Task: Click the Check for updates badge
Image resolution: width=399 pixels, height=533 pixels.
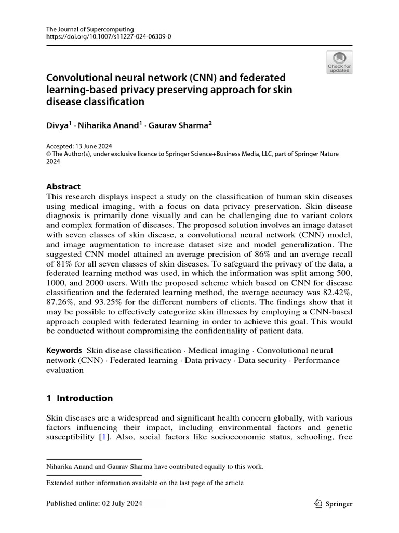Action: (x=339, y=62)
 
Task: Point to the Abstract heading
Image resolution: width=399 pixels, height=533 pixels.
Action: (x=64, y=186)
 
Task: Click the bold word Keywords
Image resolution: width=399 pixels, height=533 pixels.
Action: (x=64, y=350)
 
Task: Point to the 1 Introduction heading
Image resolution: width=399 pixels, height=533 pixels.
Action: (x=79, y=398)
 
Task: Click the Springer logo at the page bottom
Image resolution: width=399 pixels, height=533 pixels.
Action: (x=334, y=504)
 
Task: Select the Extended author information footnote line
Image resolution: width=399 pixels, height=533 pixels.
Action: (x=145, y=483)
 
